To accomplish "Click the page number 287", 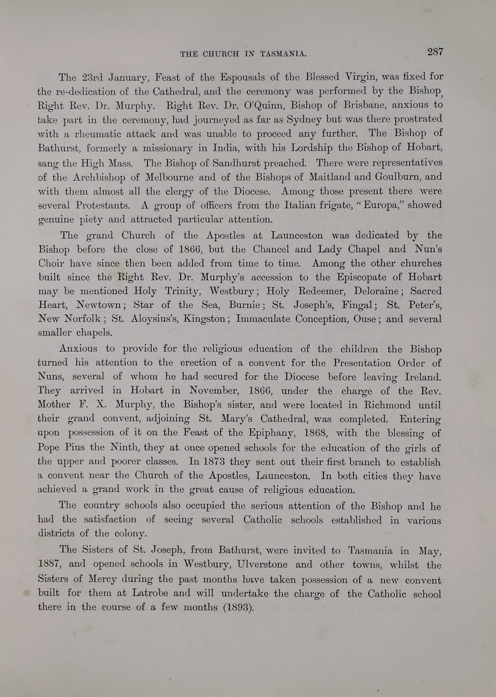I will click(x=435, y=52).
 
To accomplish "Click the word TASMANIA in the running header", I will click(x=283, y=54).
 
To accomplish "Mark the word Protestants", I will click(x=102, y=205).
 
